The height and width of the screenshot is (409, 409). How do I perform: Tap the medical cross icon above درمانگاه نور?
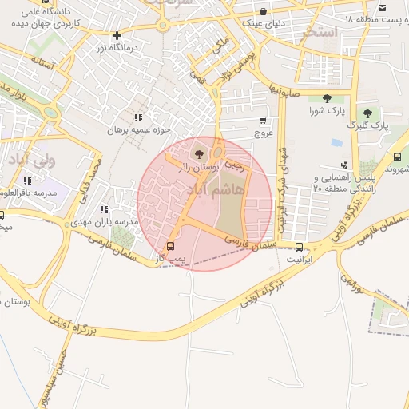pyautogui.click(x=117, y=35)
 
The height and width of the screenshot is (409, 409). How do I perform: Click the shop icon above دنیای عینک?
pyautogui.click(x=264, y=11)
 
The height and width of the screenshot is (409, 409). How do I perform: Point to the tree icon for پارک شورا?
pyautogui.click(x=327, y=98)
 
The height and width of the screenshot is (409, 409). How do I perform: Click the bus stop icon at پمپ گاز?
pyautogui.click(x=169, y=247)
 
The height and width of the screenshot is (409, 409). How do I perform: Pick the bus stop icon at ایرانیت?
pyautogui.click(x=299, y=247)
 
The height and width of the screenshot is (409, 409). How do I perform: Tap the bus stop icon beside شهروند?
pyautogui.click(x=397, y=157)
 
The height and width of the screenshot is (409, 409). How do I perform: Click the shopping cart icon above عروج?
pyautogui.click(x=263, y=121)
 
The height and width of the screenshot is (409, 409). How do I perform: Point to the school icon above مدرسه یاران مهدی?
pyautogui.click(x=104, y=209)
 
